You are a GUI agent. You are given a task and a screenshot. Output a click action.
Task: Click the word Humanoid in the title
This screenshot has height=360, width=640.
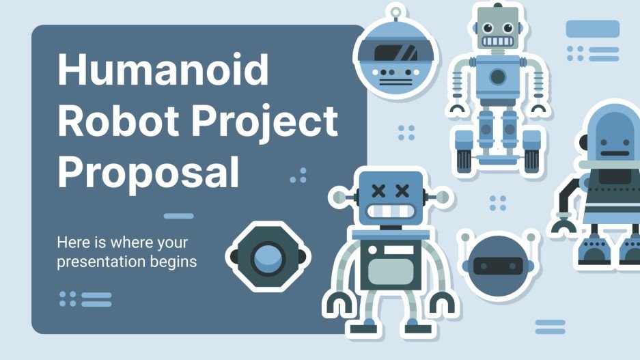tap(163, 71)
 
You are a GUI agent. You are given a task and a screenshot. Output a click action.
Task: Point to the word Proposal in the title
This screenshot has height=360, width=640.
tap(148, 172)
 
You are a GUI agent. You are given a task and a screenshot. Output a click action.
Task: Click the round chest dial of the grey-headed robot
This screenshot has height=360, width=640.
tap(498, 75)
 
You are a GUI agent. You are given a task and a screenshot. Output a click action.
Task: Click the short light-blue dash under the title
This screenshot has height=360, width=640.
tap(178, 217)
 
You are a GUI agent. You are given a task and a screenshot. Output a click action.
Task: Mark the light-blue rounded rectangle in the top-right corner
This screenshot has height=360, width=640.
tap(592, 29)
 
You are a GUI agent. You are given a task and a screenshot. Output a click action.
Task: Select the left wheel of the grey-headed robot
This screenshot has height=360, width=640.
tap(464, 159)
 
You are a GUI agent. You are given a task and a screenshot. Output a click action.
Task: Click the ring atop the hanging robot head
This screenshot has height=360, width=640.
tap(396, 12)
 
